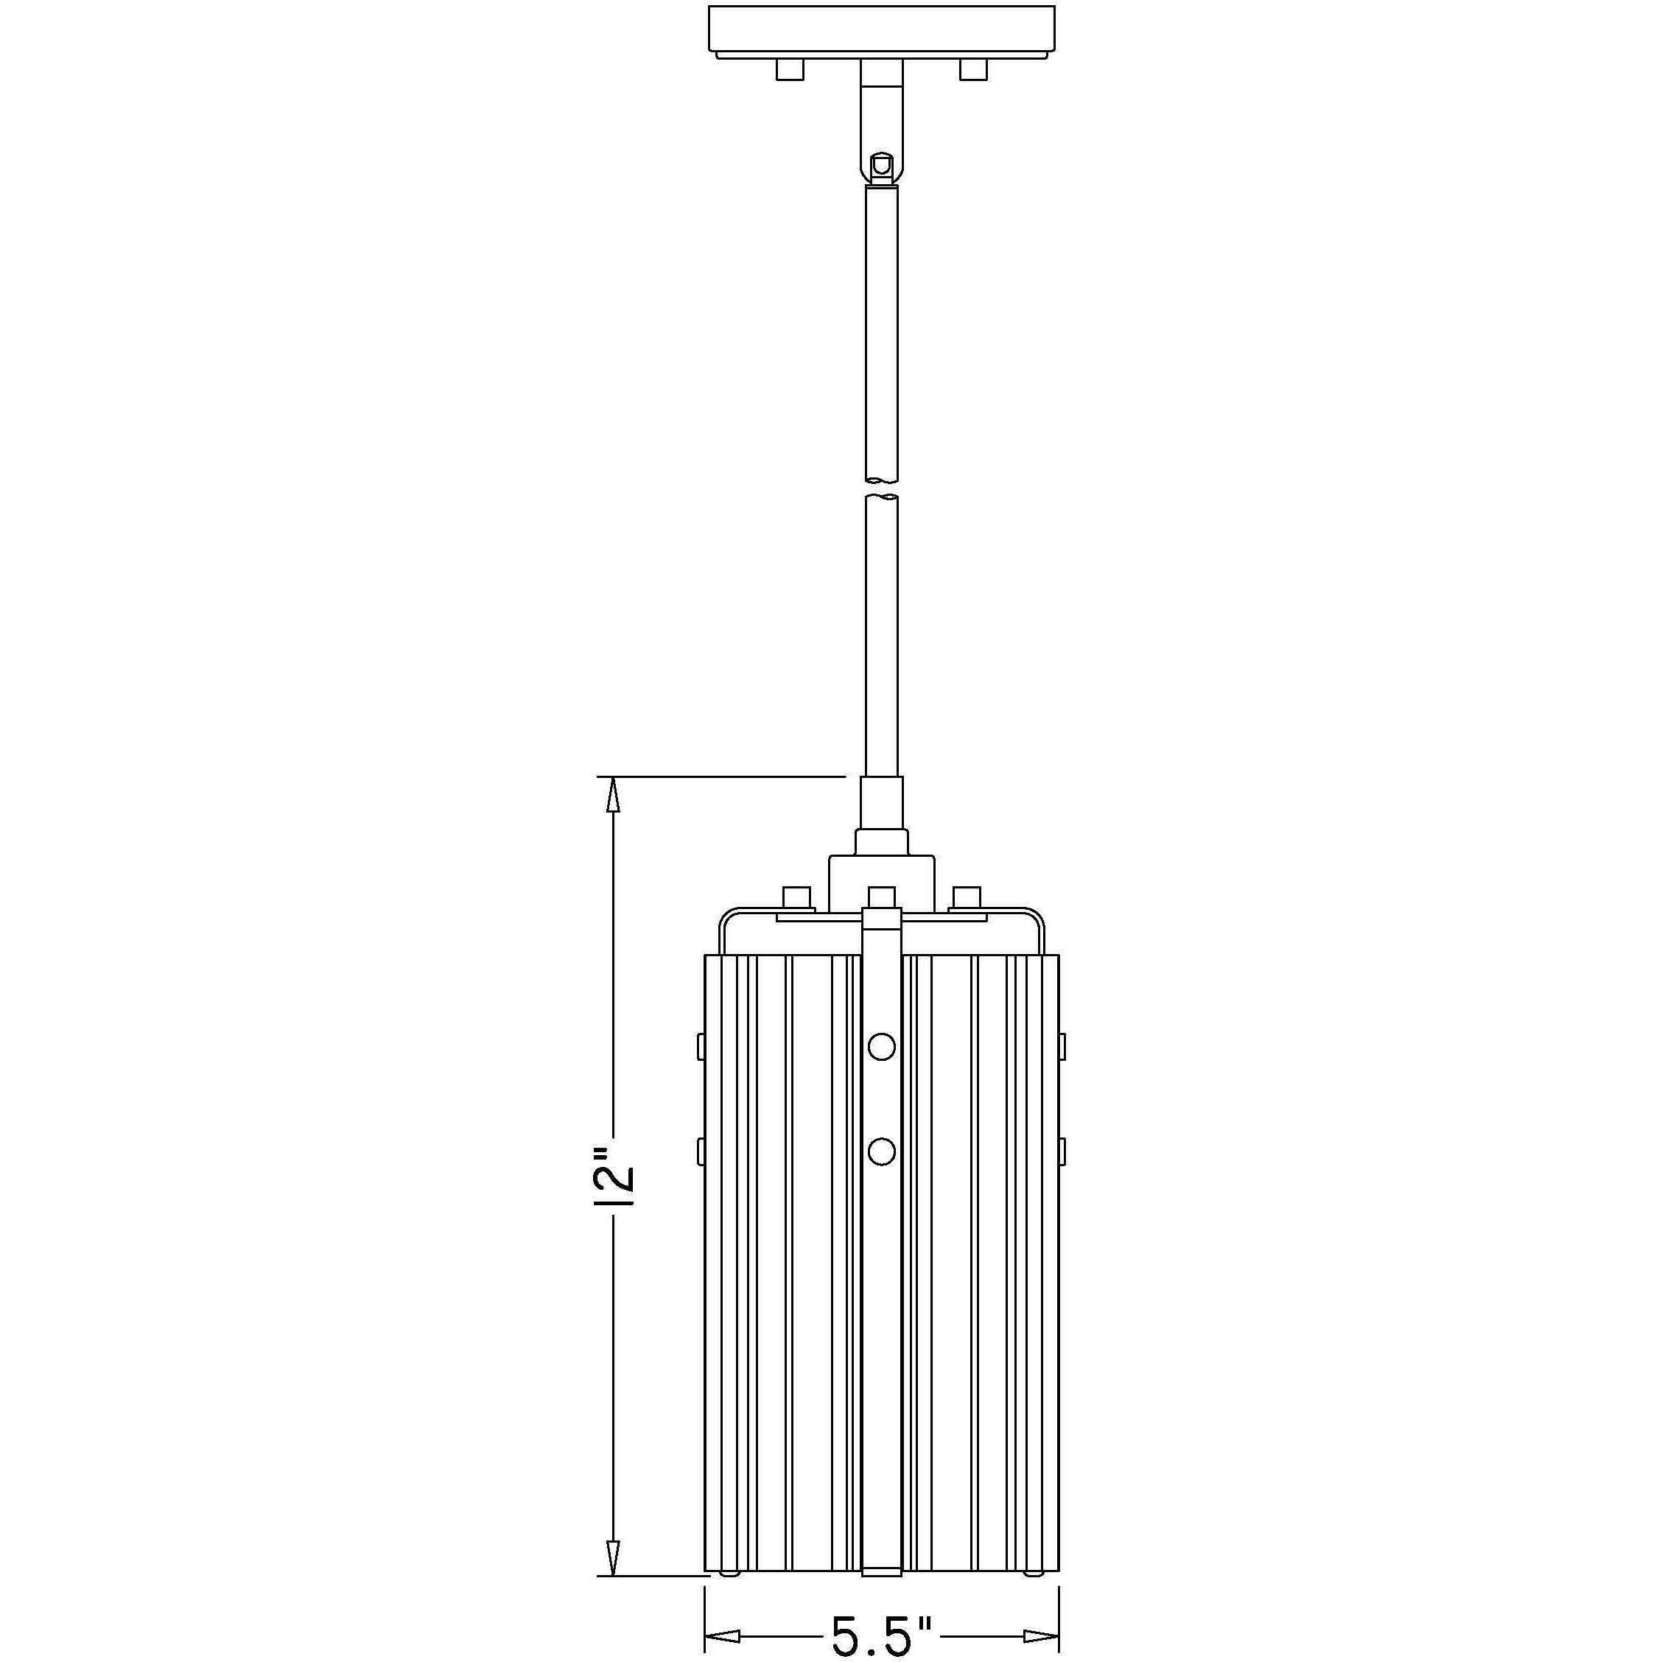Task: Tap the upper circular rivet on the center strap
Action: coord(882,1046)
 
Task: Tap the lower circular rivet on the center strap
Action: coord(882,1150)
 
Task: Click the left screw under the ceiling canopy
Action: coord(790,70)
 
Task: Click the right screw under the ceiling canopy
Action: coord(974,70)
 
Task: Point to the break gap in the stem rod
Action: coord(882,487)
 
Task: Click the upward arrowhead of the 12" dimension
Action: coord(612,794)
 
